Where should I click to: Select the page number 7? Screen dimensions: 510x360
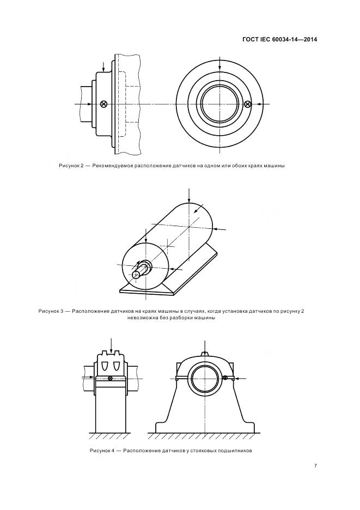tap(315, 465)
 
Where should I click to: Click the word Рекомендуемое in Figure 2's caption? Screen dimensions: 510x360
tap(115, 166)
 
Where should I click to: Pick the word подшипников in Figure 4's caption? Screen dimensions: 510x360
tap(235, 451)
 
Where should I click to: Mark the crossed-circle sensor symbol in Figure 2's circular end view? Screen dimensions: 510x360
tap(248, 104)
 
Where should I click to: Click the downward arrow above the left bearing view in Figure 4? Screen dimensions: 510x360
tap(111, 344)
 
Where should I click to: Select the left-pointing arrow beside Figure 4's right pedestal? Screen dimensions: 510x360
tap(240, 378)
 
